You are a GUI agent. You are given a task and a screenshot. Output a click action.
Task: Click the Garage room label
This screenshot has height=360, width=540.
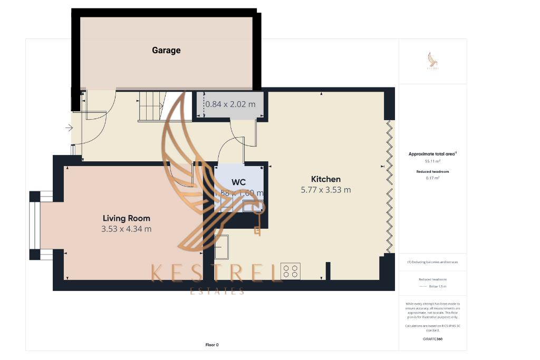166,51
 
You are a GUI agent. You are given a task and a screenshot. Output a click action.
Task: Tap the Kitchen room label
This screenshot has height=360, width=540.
325,179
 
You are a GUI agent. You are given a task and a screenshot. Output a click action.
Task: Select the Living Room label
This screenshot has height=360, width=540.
126,218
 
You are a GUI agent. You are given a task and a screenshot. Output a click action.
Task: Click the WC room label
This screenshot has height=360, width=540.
239,182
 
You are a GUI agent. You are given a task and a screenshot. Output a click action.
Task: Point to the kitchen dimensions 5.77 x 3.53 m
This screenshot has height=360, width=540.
325,190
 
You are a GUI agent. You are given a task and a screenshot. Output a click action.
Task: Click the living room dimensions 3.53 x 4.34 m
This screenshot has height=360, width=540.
126,229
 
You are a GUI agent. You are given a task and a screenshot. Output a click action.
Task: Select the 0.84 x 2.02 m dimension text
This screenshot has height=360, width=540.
230,104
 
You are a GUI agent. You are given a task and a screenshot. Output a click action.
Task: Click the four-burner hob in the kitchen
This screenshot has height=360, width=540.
291,271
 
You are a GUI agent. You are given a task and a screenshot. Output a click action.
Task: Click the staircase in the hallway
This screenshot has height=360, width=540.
152,106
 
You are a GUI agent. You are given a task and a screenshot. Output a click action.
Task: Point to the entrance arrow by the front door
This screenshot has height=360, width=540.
69,128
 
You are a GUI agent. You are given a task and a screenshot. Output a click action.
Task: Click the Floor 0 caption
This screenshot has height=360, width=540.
212,345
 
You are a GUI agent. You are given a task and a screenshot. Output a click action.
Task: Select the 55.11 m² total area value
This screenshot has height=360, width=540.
432,161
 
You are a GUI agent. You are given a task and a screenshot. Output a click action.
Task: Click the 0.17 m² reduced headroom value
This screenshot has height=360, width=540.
432,178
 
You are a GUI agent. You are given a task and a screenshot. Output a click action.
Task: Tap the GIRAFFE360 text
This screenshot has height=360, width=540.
432,339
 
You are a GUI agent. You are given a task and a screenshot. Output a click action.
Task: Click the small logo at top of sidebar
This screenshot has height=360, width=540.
432,61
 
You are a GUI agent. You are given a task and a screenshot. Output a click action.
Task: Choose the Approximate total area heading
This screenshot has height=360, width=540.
432,154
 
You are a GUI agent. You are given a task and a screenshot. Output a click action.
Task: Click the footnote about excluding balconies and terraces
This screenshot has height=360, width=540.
432,262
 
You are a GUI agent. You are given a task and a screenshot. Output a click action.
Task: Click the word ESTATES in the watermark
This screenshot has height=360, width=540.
217,290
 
